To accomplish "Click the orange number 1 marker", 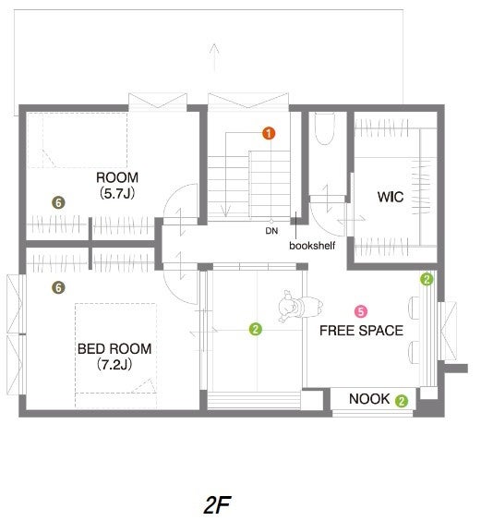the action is (269, 133).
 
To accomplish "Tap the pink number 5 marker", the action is (361, 311).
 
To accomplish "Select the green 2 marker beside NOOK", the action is (402, 401).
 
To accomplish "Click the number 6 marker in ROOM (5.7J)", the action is (58, 202).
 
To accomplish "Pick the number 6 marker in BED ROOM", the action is (58, 287).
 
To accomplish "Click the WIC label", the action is (391, 197).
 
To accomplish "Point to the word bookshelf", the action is (312, 246).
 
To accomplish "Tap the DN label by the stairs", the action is (271, 231).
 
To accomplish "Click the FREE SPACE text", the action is (361, 331).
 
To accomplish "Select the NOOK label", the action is (369, 399).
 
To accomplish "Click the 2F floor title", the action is (217, 505).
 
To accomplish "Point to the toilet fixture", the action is (325, 128).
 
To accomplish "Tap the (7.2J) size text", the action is (114, 365).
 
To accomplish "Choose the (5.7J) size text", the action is (117, 193).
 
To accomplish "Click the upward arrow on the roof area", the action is (214, 57).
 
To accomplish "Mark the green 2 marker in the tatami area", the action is (255, 329).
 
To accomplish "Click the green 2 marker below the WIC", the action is (427, 279).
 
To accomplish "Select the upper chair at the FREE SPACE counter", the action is (414, 308).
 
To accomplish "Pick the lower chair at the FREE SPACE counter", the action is (414, 352).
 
